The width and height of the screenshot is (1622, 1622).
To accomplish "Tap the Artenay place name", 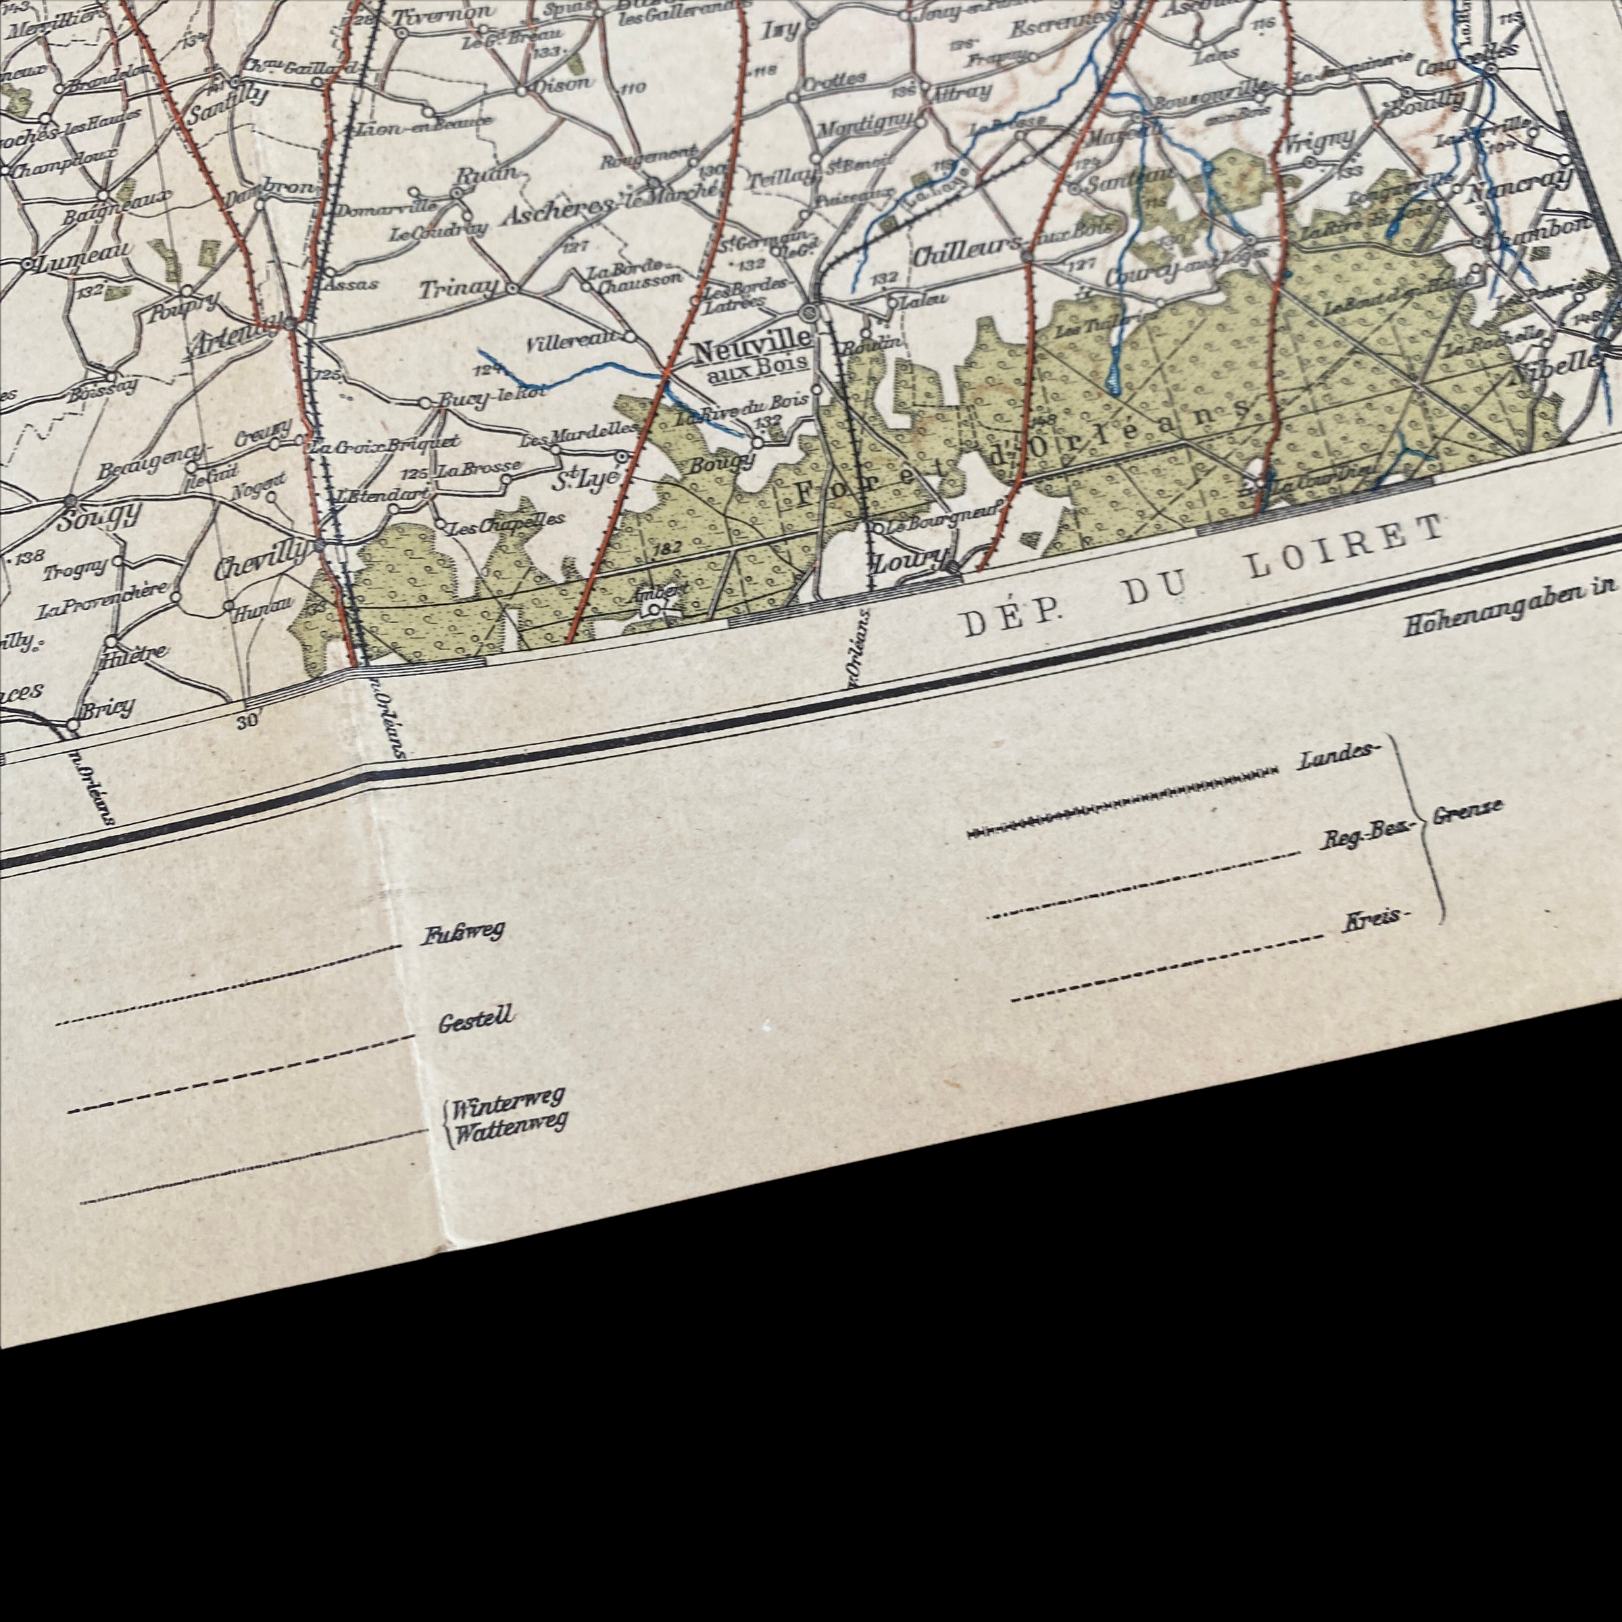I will pyautogui.click(x=235, y=340).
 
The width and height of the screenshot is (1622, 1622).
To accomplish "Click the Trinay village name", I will pyautogui.click(x=458, y=289).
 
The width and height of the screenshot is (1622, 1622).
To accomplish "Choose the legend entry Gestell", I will pyautogui.click(x=475, y=1018).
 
